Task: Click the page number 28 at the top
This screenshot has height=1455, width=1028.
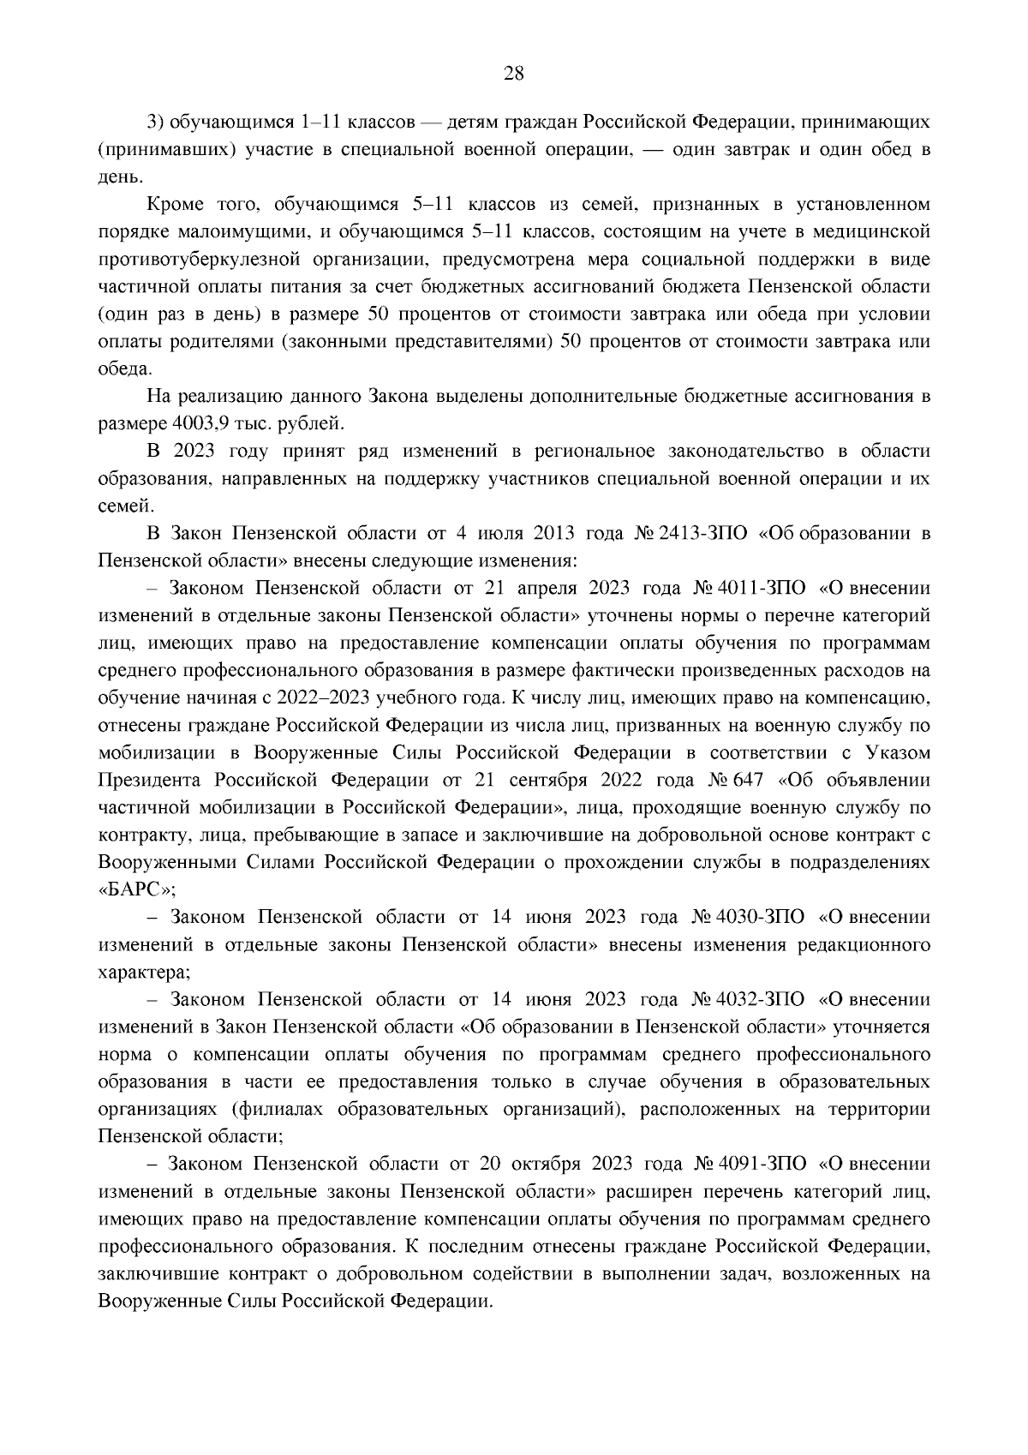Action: (x=513, y=73)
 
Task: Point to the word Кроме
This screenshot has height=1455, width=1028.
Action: (x=176, y=204)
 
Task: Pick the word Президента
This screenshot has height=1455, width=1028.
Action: (x=151, y=780)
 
